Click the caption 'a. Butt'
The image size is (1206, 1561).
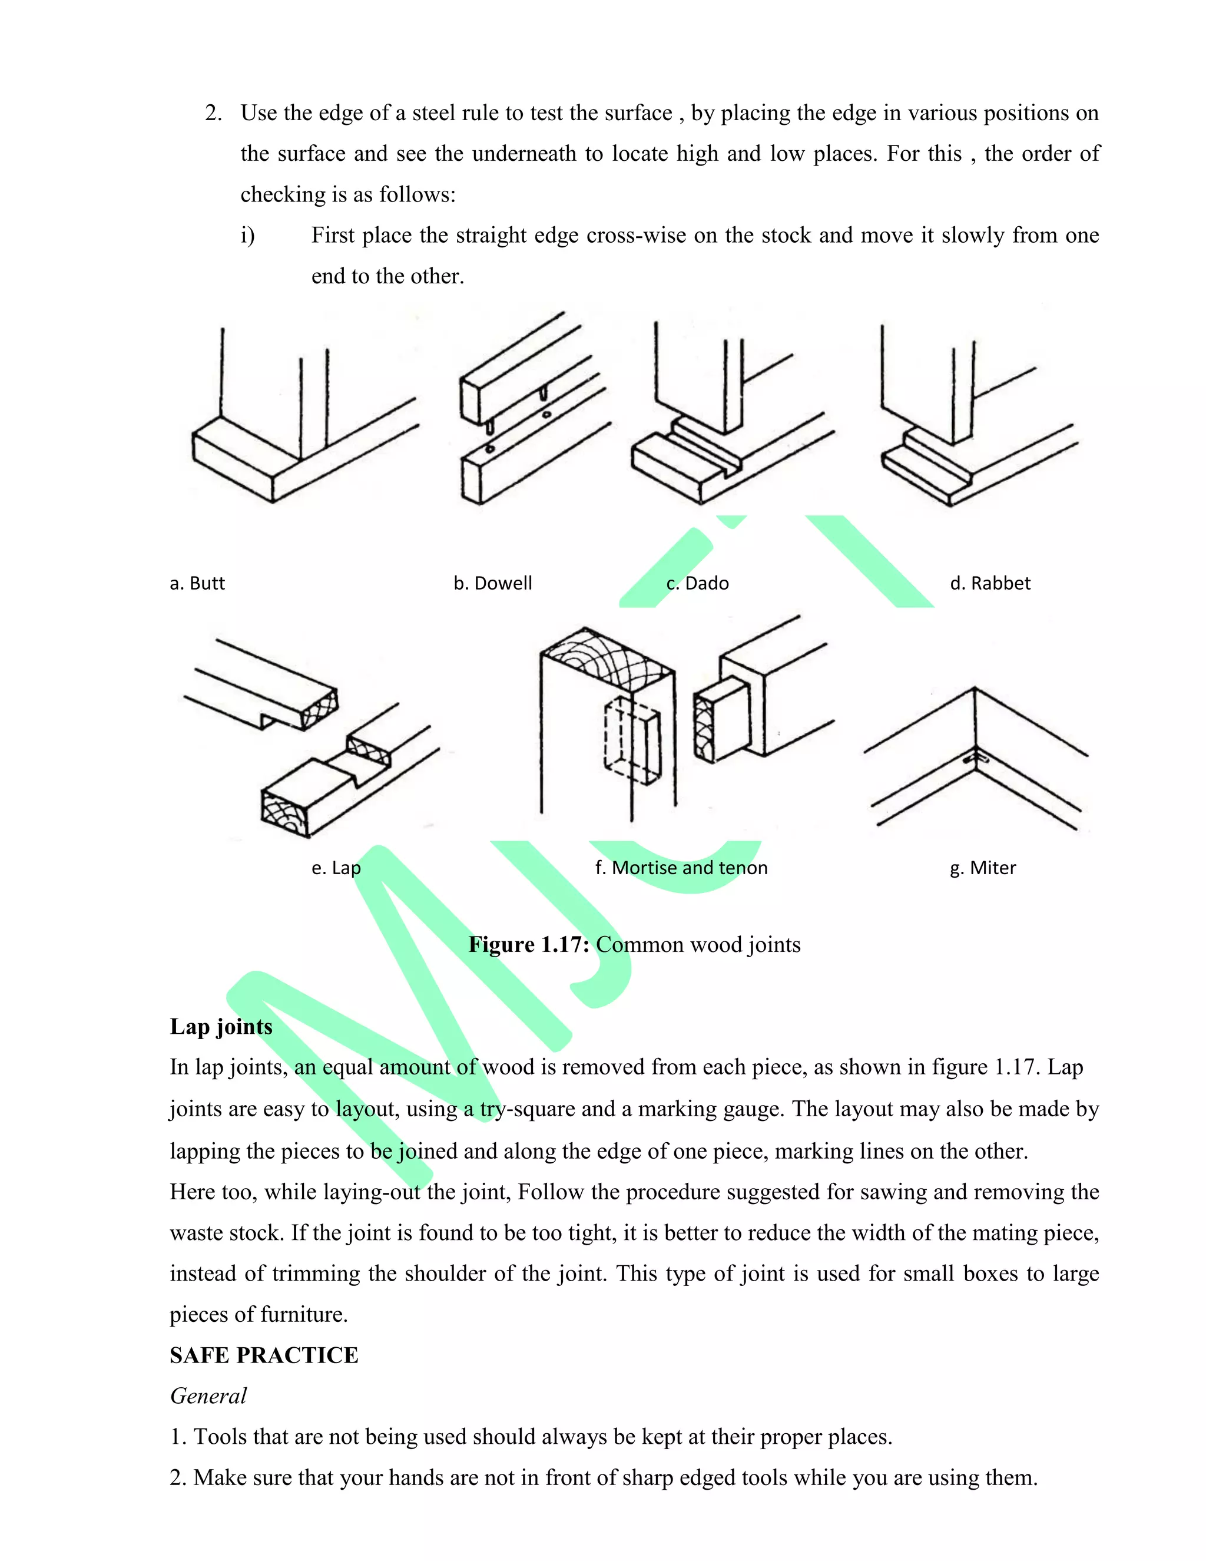[197, 583]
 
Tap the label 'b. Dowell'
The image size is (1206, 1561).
[492, 583]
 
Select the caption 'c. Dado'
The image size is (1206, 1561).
[697, 583]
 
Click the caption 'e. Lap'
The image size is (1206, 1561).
[336, 868]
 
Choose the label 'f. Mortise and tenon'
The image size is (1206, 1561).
[681, 868]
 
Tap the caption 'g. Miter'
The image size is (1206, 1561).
[982, 868]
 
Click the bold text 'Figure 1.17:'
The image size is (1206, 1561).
[529, 945]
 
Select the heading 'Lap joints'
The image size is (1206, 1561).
[221, 1026]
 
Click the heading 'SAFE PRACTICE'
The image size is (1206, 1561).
[264, 1355]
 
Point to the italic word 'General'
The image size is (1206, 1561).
[208, 1396]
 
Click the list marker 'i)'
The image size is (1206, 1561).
[247, 235]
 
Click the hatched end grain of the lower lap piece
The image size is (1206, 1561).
[284, 813]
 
